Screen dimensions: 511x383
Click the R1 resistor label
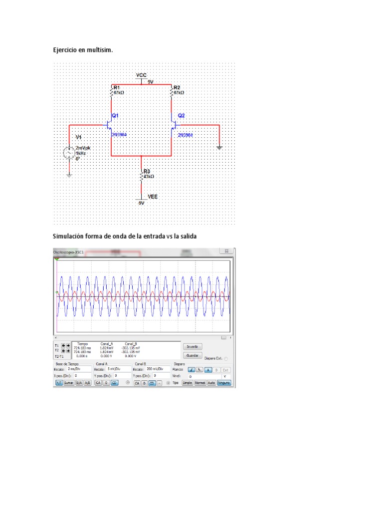tap(117, 87)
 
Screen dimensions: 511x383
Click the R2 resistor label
tap(176, 87)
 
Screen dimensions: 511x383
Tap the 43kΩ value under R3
tap(149, 177)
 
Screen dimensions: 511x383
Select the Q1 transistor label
tap(115, 115)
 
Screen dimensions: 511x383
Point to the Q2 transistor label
tap(181, 115)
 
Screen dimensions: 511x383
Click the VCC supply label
tap(142, 75)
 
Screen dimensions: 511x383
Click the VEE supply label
tap(152, 197)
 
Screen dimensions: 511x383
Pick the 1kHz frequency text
tap(81, 153)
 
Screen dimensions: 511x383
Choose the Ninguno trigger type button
tap(223, 383)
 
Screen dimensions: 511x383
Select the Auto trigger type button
tap(211, 383)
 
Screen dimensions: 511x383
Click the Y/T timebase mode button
tap(58, 383)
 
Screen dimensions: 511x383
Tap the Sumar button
tap(68, 383)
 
